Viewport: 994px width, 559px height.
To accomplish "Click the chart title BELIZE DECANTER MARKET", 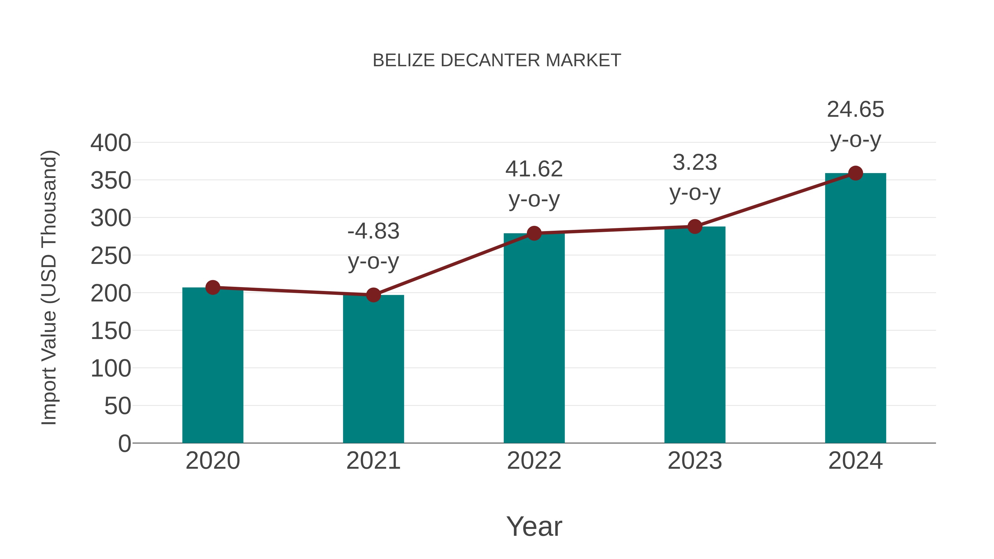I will pyautogui.click(x=497, y=60).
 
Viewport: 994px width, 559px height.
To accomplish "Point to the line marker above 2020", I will pyautogui.click(x=213, y=287).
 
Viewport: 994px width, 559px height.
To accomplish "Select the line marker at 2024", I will pyautogui.click(x=855, y=173).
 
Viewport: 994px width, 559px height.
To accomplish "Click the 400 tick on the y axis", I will pyautogui.click(x=111, y=143).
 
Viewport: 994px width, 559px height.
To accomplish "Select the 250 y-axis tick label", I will pyautogui.click(x=111, y=256).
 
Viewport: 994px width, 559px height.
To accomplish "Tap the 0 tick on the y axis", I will pyautogui.click(x=124, y=444).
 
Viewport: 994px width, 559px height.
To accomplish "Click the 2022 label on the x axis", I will pyautogui.click(x=534, y=461).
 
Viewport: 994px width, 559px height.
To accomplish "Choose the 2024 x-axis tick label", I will pyautogui.click(x=855, y=461).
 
